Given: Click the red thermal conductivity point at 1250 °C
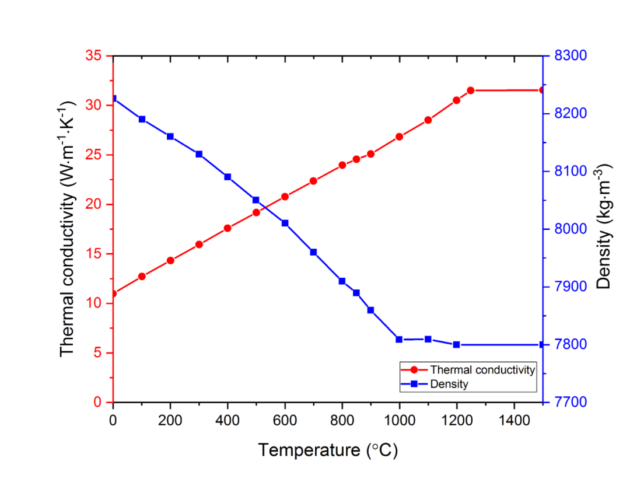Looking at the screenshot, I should pos(471,90).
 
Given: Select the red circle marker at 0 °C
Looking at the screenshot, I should pos(113,293).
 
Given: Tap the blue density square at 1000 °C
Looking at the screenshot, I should pos(399,339).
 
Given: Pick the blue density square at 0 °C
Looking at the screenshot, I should pos(113,99).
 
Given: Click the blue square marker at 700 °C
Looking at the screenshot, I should pos(313,252).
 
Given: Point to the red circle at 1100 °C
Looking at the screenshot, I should pos(428,120).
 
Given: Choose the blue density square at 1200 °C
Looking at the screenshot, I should pos(456,344).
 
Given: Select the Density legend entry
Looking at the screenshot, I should pos(449,384).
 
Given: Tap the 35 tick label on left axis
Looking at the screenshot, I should pos(94,56).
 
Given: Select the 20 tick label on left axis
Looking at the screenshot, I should pos(94,205).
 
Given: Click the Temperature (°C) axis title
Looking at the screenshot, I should pos(328,450).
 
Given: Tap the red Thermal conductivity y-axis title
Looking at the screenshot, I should pos(68,228).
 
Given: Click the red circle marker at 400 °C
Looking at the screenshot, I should pos(228,228).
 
